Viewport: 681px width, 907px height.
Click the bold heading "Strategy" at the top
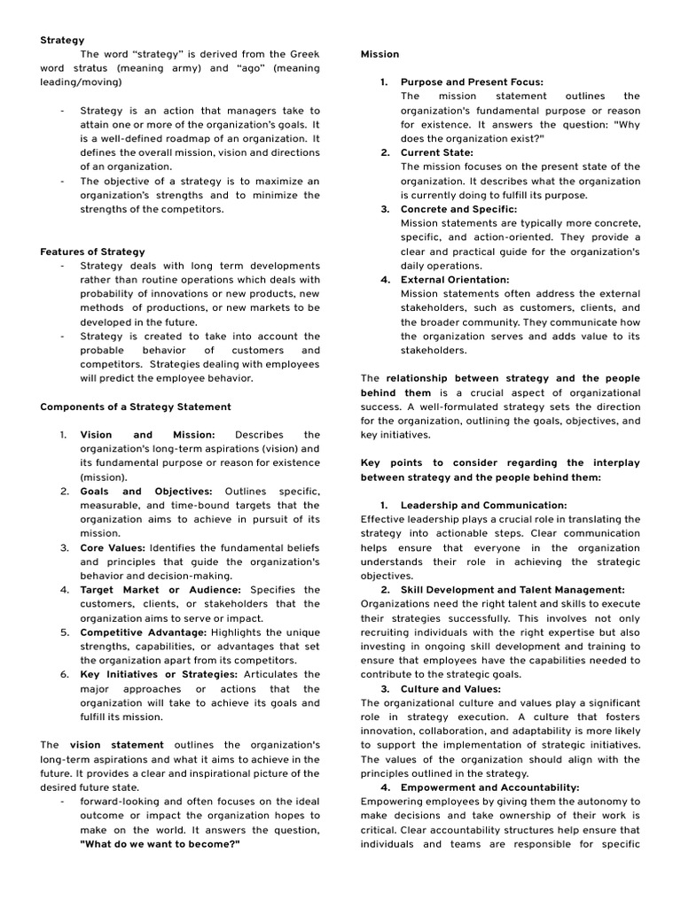[x=62, y=40]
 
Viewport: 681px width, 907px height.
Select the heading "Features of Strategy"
[x=92, y=252]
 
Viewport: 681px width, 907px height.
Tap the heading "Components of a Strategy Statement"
[x=135, y=407]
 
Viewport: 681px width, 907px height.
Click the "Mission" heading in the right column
[x=380, y=54]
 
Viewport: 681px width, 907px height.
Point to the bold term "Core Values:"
[x=113, y=547]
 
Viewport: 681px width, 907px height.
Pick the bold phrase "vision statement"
[x=117, y=745]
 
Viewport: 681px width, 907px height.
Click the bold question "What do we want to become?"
[x=160, y=844]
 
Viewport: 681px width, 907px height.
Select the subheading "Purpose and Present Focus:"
[x=472, y=82]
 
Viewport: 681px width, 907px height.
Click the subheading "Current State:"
[x=437, y=152]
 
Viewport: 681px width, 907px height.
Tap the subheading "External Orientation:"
[x=455, y=279]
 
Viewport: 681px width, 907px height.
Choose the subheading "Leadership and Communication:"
[x=483, y=505]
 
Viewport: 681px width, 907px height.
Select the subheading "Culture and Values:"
[x=450, y=688]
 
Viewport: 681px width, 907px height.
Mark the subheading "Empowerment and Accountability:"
[x=489, y=787]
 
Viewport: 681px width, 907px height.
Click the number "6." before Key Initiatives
[x=65, y=674]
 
